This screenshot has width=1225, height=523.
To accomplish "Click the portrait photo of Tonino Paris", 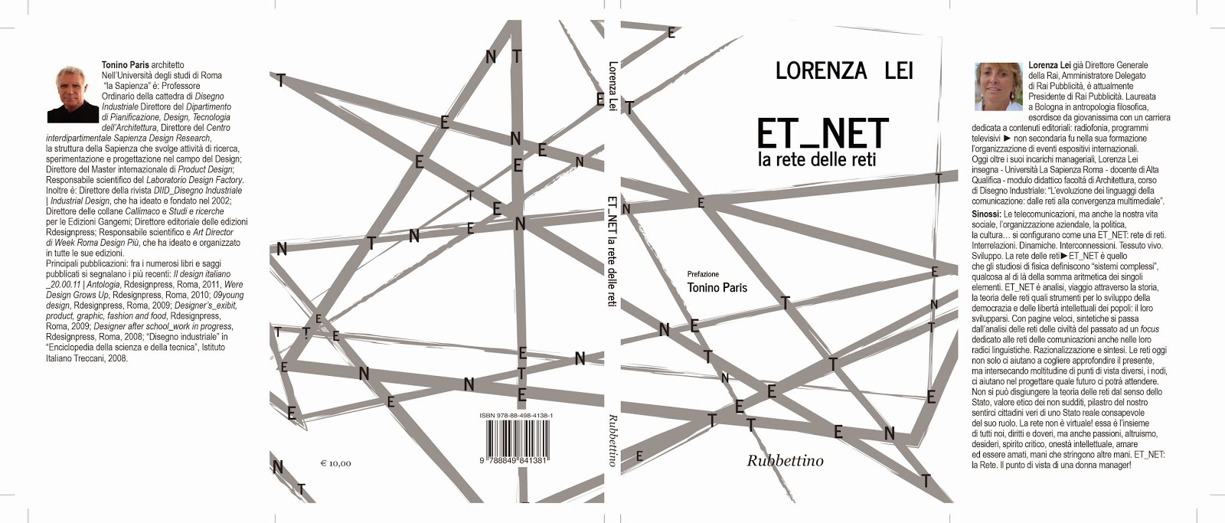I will click(x=73, y=93).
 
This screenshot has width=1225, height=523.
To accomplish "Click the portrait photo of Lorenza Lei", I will click(x=998, y=87).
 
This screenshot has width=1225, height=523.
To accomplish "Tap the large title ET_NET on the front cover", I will click(x=822, y=133).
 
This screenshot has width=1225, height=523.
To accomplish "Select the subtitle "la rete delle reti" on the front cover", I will click(x=816, y=160).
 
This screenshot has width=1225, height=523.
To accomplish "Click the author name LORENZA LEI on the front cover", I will click(x=844, y=71).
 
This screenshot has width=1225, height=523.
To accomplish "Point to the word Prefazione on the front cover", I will click(x=703, y=273).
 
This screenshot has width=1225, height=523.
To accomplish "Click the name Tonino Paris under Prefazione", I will click(x=717, y=288).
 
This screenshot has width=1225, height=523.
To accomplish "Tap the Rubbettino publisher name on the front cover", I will click(x=785, y=460).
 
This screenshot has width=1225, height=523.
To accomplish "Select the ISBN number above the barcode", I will click(x=516, y=415).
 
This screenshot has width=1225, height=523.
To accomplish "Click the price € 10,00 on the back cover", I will click(x=335, y=463).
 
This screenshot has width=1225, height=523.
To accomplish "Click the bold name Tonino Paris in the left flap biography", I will click(x=126, y=66).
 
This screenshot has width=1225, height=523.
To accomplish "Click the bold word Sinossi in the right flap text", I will click(x=986, y=214).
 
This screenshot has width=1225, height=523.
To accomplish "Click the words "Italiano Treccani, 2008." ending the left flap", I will click(x=87, y=358).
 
